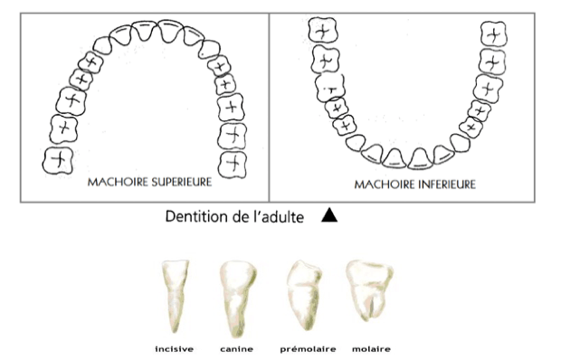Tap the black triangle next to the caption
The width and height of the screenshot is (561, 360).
coord(328,216)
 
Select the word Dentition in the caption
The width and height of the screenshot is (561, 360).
coord(195,217)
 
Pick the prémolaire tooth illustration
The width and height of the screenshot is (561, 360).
coord(301,294)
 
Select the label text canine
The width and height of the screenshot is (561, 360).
coord(234,346)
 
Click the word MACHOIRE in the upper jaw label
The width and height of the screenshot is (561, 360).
coord(113,182)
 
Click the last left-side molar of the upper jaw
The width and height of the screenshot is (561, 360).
coord(58,161)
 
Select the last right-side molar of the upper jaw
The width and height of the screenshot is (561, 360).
coord(233,163)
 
